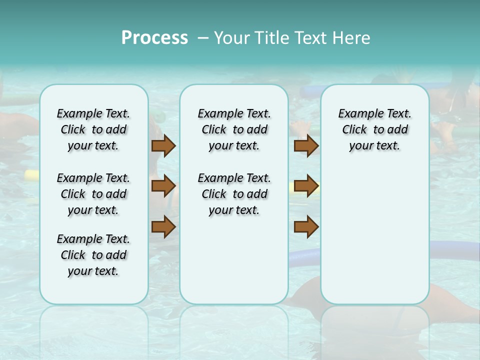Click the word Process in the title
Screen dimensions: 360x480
point(154,38)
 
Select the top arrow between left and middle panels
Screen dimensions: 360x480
point(163,146)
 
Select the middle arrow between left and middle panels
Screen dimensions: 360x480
point(163,186)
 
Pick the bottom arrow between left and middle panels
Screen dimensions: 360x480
point(163,227)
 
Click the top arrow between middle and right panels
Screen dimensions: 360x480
point(306,146)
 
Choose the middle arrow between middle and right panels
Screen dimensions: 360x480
point(306,186)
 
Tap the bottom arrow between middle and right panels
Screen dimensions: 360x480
point(306,227)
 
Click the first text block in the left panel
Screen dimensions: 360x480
point(93,129)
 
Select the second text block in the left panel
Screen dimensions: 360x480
point(93,194)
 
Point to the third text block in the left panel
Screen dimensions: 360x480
point(93,255)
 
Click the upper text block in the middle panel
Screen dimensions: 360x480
point(234,129)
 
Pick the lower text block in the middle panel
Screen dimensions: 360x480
point(234,194)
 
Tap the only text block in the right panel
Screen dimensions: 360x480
point(374,129)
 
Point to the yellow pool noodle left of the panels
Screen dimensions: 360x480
point(31,174)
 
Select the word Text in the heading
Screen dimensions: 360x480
point(308,38)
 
